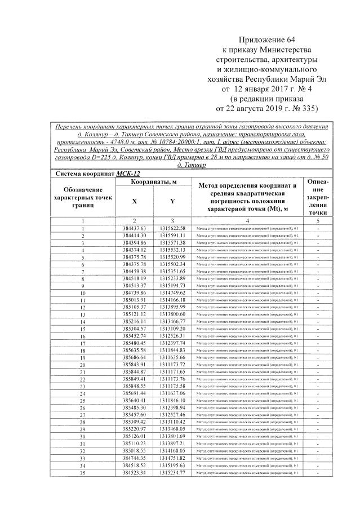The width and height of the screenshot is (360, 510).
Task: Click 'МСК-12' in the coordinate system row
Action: tap(128, 174)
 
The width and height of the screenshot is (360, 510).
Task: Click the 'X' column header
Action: tap(134, 201)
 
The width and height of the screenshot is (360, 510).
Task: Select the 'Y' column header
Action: tap(172, 201)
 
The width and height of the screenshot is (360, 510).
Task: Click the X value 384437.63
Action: tap(134, 227)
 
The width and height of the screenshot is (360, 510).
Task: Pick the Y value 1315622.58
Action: tap(172, 227)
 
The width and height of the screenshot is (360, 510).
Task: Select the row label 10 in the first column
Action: tap(82, 294)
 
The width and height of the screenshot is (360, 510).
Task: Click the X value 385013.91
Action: tap(134, 300)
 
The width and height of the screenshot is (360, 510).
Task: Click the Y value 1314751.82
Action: tap(172, 458)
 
